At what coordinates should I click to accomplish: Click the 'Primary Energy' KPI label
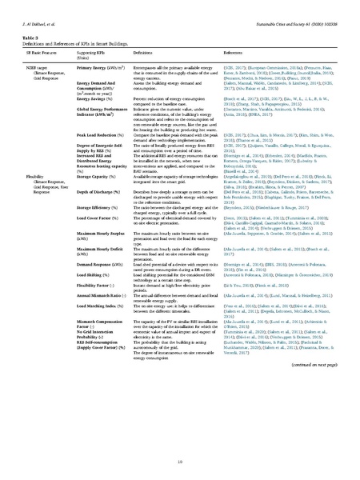point(95,69)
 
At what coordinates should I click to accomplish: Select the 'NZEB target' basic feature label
point(46,69)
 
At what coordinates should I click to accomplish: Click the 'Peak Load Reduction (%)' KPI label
point(98,135)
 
